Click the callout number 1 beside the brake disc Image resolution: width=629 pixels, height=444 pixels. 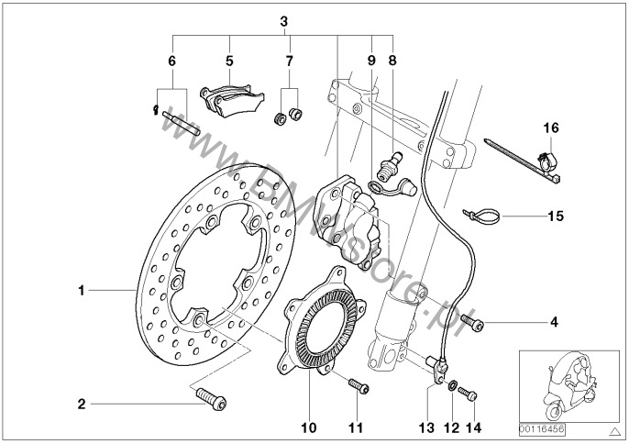(81, 291)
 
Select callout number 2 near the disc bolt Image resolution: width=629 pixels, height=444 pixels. (81, 403)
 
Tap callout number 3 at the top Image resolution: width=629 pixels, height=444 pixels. (283, 19)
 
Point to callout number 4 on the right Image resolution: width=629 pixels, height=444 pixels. (553, 322)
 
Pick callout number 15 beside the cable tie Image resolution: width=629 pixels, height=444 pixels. (551, 217)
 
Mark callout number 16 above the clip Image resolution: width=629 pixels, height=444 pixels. (549, 127)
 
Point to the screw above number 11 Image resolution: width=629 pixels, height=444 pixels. (358, 386)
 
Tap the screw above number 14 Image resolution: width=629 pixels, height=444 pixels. (469, 394)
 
